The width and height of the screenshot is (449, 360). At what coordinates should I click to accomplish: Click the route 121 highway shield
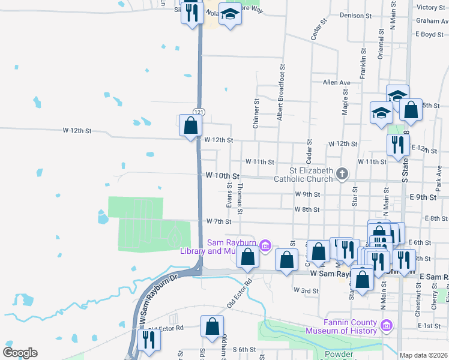[x=199, y=112]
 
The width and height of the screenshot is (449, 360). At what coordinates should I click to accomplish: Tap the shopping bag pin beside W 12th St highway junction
[x=190, y=125]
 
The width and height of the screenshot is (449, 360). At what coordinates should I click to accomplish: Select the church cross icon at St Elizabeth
[x=342, y=175]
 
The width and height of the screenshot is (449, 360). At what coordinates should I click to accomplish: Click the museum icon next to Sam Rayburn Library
[x=267, y=245]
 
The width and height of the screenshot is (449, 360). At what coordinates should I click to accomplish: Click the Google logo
[x=19, y=353]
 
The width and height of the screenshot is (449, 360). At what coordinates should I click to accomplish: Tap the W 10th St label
[x=222, y=176]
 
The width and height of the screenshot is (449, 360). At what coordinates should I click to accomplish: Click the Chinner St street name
[x=256, y=113]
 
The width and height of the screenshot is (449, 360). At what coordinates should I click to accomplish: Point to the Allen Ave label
[x=336, y=83]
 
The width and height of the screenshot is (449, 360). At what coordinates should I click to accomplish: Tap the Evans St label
[x=229, y=196]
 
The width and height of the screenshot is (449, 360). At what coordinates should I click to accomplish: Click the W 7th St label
[x=218, y=221]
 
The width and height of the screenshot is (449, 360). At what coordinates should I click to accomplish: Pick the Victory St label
[x=430, y=7]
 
